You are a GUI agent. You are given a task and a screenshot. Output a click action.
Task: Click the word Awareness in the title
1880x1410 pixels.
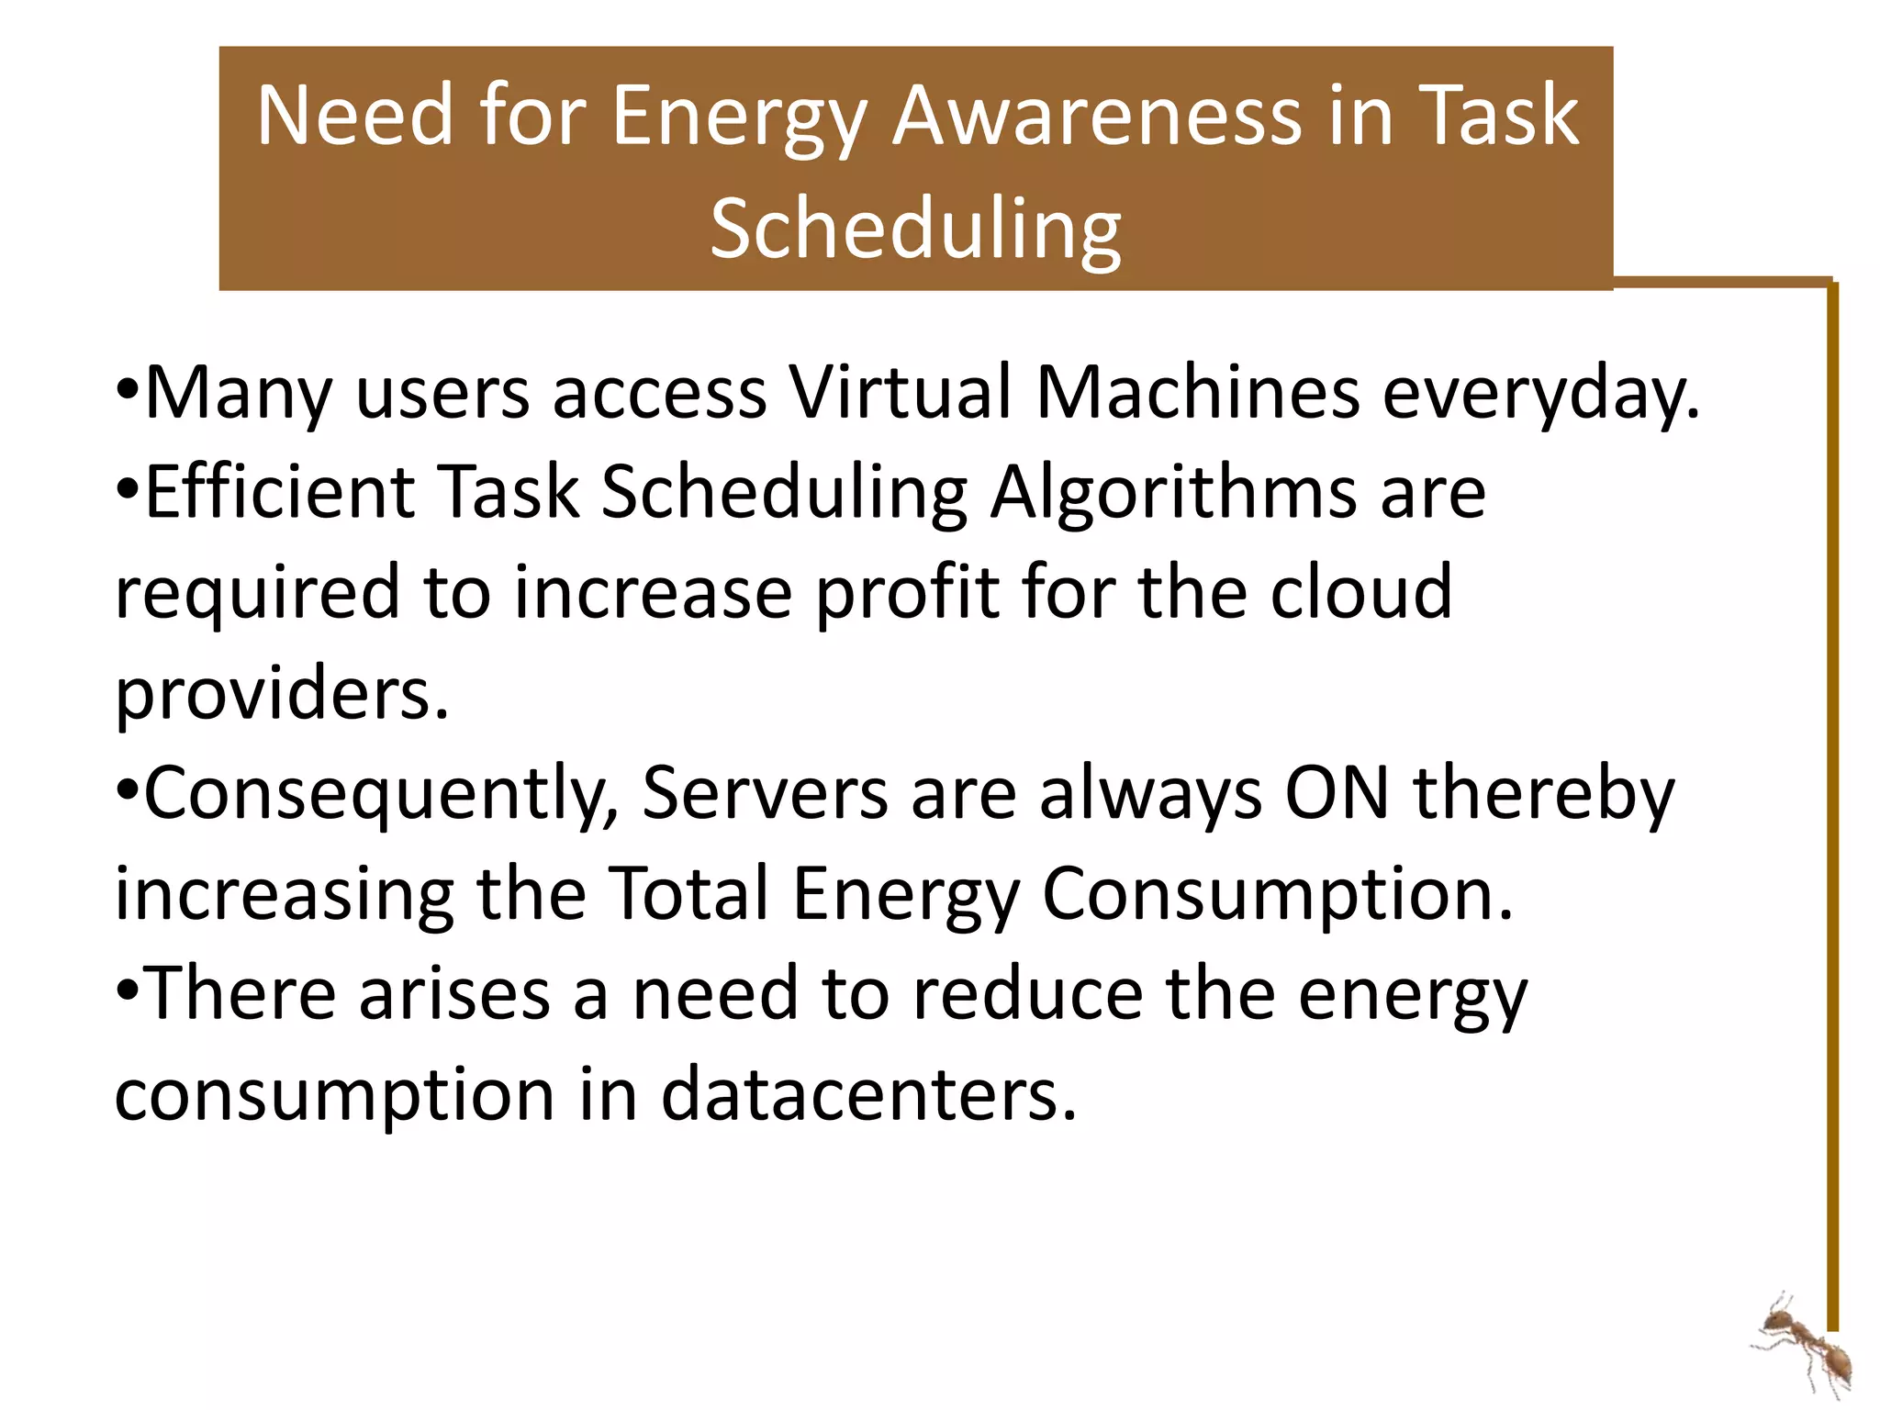click(1097, 116)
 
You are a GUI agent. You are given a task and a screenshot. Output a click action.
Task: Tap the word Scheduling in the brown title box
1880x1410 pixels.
click(915, 229)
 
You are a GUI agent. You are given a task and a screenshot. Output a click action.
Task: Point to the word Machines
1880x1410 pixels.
click(1197, 393)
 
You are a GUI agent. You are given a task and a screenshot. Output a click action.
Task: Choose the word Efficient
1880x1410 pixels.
click(280, 492)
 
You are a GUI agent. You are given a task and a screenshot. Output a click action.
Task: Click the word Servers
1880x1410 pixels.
click(765, 793)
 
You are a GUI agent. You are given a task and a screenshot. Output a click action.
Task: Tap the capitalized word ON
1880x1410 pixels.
click(1337, 793)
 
